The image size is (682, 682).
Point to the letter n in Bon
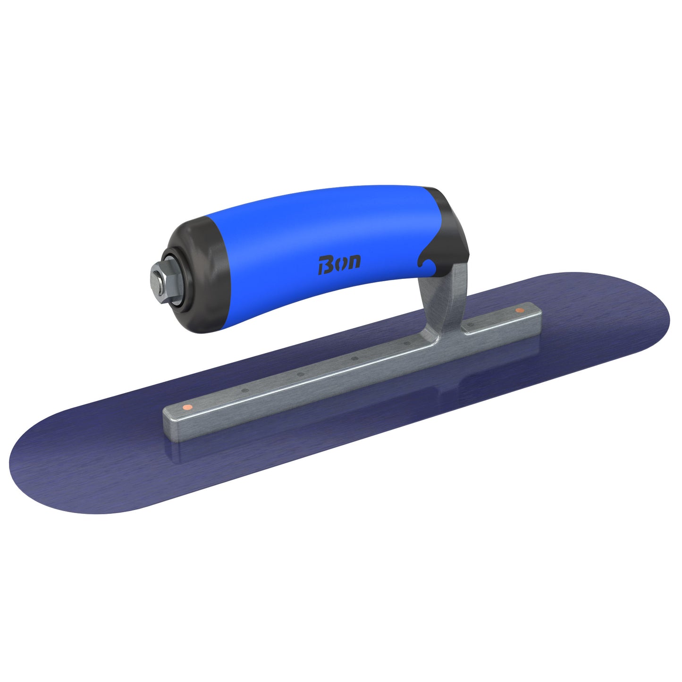click(x=354, y=261)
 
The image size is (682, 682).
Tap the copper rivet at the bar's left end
click(x=187, y=407)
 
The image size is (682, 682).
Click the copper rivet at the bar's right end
click(x=520, y=310)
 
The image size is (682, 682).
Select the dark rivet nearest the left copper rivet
click(x=244, y=390)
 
